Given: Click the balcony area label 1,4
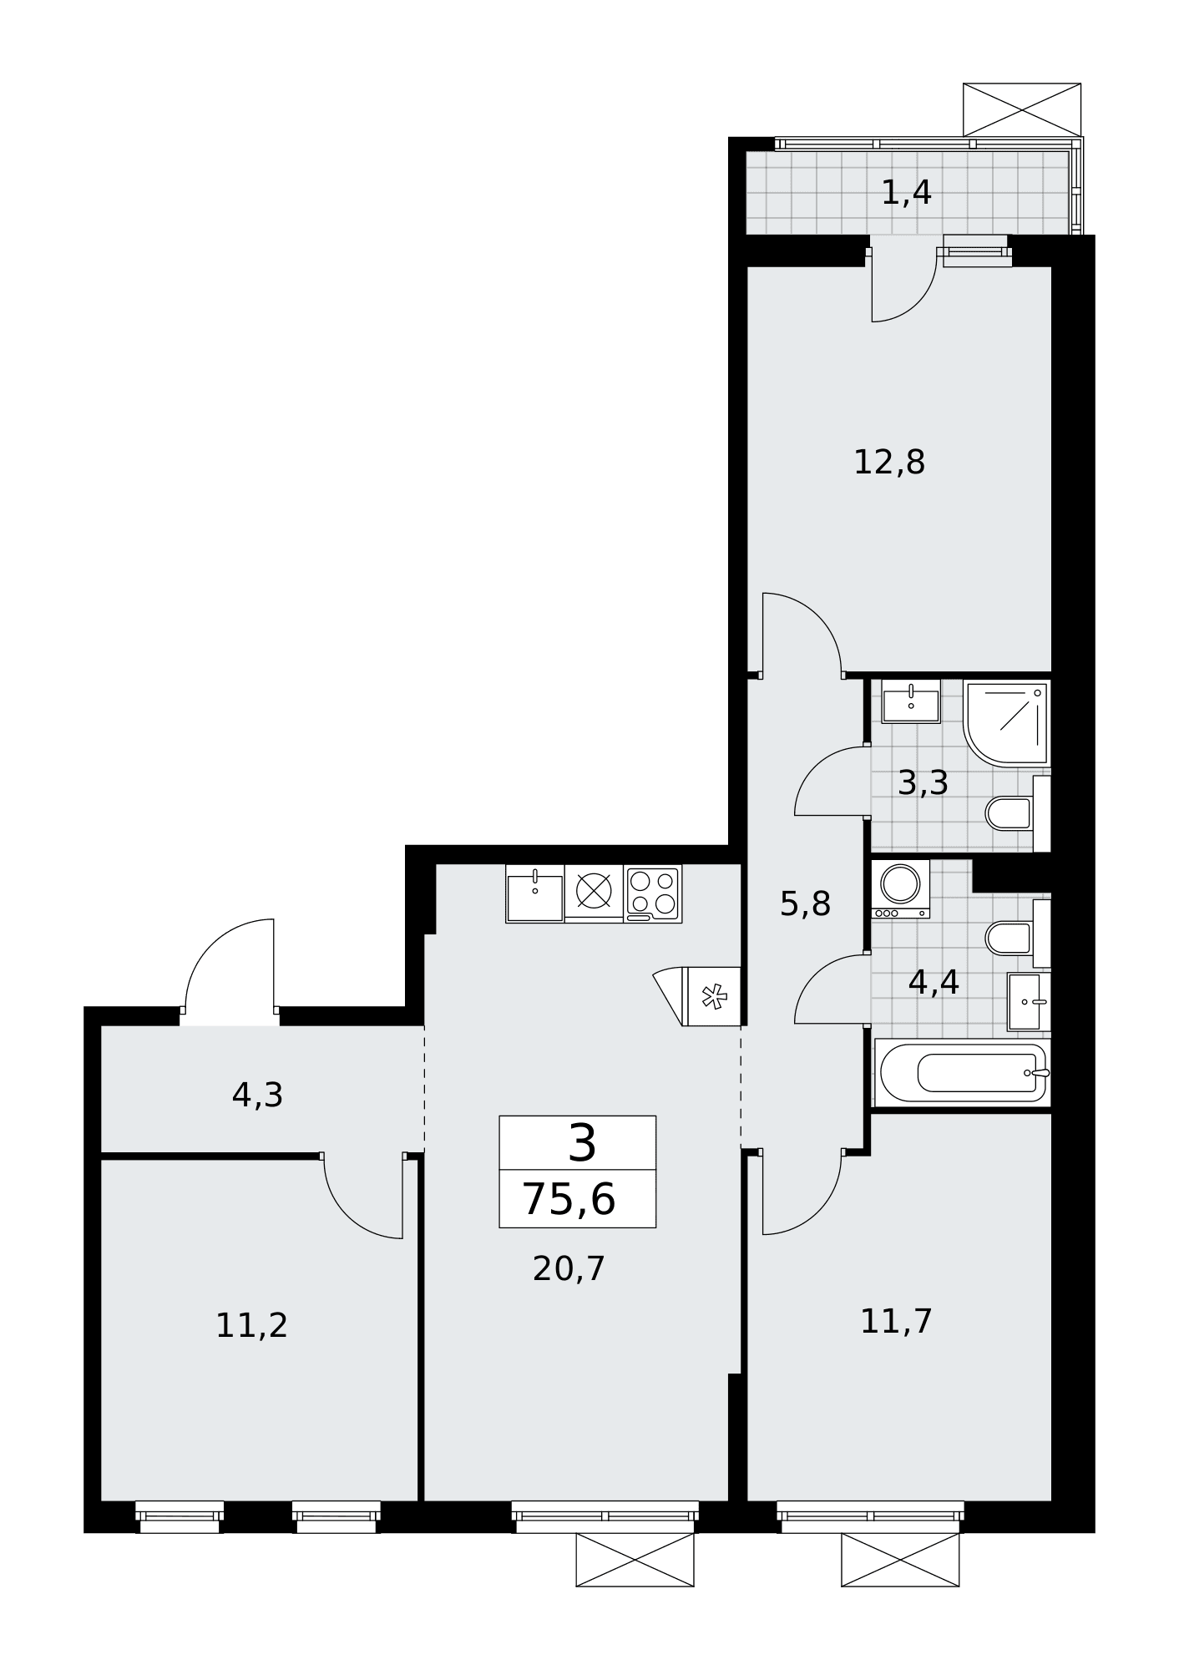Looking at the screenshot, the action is tap(906, 194).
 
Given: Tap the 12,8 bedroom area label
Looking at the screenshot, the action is tap(889, 462).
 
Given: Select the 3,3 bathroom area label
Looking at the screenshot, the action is tap(923, 783).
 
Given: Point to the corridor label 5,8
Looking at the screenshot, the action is tap(805, 903).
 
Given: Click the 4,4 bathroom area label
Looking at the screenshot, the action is tap(934, 982).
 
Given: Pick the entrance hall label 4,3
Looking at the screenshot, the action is tap(257, 1096).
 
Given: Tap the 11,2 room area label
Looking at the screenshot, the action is tap(251, 1325).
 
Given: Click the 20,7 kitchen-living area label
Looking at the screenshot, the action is tap(569, 1268).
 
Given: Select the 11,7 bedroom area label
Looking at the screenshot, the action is tap(896, 1321).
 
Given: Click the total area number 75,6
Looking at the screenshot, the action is tap(569, 1200).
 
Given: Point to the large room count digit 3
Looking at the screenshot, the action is tap(582, 1142).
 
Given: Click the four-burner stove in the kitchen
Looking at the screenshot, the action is tap(653, 893).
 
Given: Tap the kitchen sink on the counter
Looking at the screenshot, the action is tap(535, 893).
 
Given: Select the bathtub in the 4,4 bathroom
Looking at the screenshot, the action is tap(963, 1073).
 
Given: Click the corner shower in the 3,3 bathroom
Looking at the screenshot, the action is tap(1006, 722).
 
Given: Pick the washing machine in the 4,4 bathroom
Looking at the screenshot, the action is tap(900, 889).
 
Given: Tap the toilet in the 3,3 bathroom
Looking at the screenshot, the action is tap(1018, 813).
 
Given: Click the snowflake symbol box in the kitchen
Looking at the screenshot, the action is tap(712, 996).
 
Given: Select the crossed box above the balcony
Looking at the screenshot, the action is tap(1022, 109).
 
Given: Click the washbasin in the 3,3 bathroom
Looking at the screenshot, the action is tap(910, 701).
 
